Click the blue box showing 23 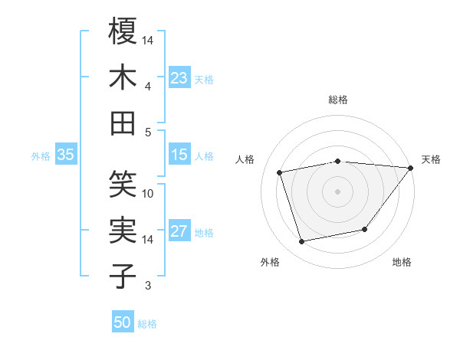pos(179,78)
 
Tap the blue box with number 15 pos(179,155)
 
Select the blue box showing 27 pos(179,232)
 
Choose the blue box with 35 pos(66,155)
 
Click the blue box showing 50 pos(123,322)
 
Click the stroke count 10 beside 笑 pos(148,194)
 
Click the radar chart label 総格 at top pos(338,100)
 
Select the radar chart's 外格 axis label pos(270,262)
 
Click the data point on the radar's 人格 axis pos(280,172)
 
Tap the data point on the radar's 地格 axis pos(365,229)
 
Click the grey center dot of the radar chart pos(338,191)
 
